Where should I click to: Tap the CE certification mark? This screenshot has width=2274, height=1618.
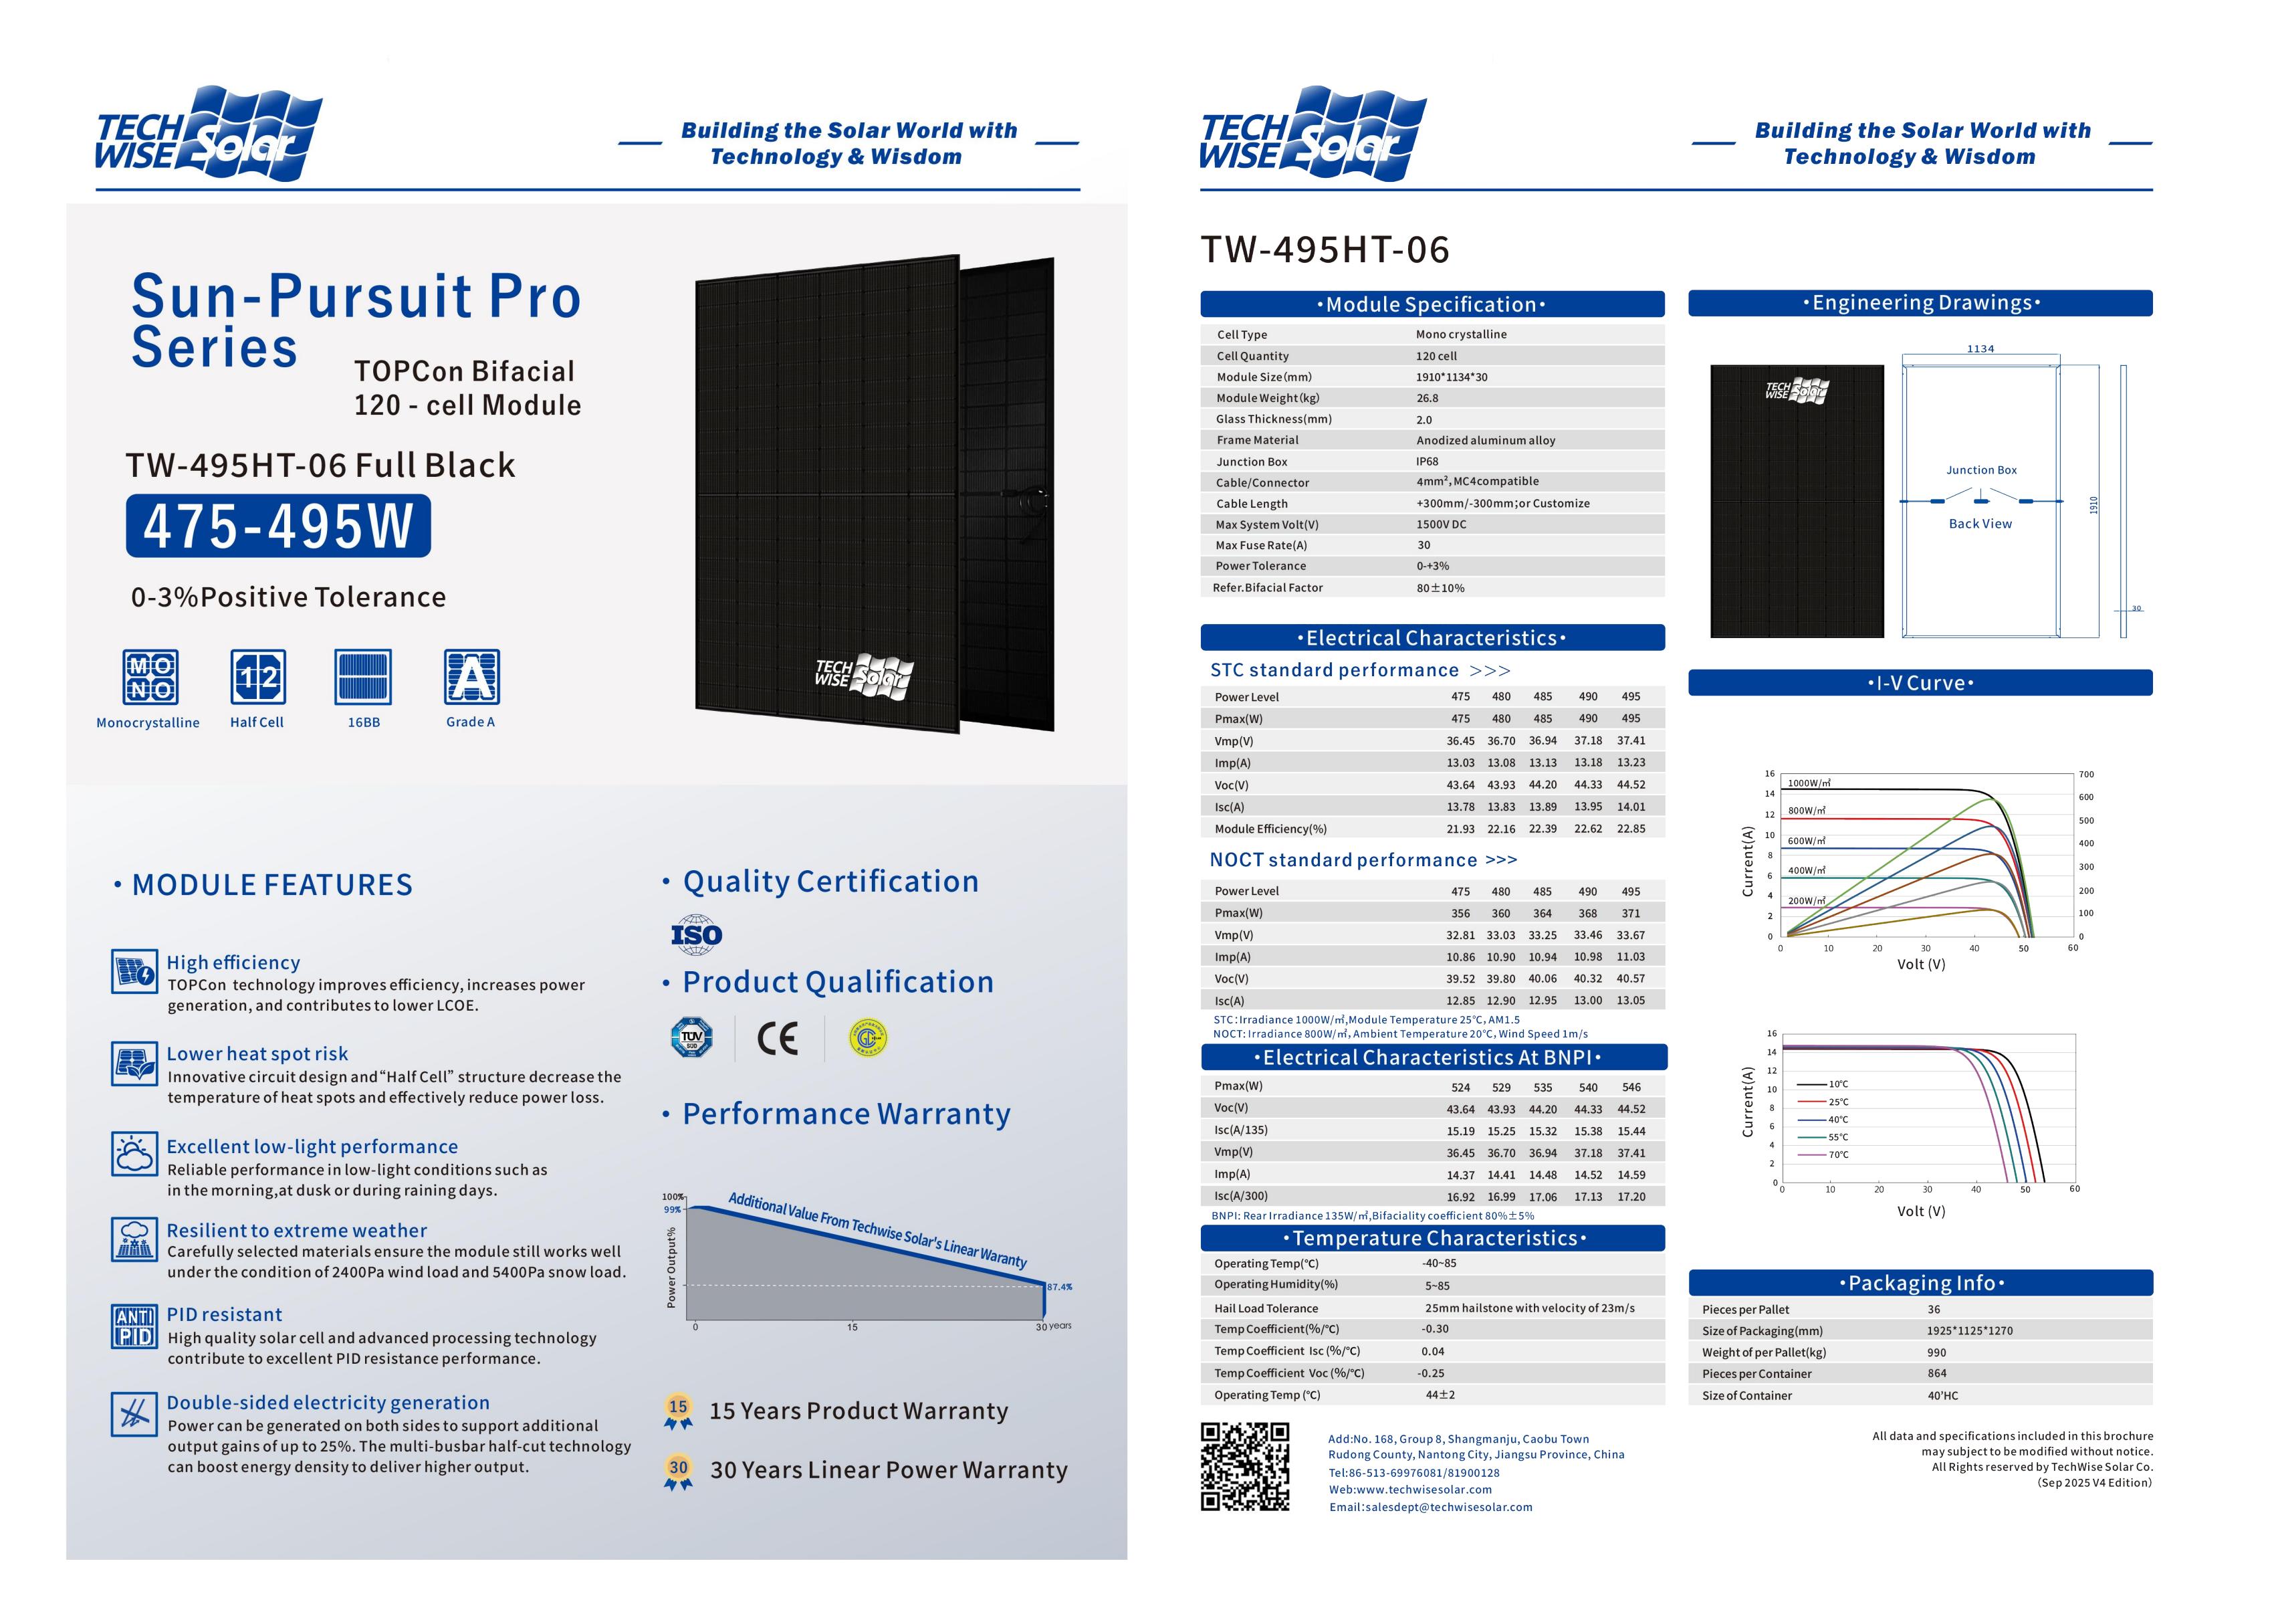pyautogui.click(x=777, y=1038)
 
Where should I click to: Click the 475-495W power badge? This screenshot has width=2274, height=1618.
pyautogui.click(x=278, y=526)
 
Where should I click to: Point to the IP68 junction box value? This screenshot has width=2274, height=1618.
pyautogui.click(x=1428, y=462)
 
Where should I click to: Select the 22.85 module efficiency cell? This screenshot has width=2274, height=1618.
pyautogui.click(x=1631, y=829)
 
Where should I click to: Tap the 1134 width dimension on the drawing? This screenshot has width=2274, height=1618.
pyautogui.click(x=1980, y=348)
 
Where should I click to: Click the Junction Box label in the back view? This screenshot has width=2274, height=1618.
pyautogui.click(x=1981, y=470)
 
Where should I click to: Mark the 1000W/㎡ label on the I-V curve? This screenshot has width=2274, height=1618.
pyautogui.click(x=1809, y=783)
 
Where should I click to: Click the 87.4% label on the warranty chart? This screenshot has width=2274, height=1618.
pyautogui.click(x=1059, y=1286)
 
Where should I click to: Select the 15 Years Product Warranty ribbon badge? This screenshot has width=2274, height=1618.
pyautogui.click(x=678, y=1411)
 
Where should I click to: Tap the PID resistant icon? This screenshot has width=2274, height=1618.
pyautogui.click(x=134, y=1326)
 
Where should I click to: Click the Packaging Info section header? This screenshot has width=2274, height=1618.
pyautogui.click(x=1920, y=1284)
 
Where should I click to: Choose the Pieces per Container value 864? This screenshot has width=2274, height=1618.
pyautogui.click(x=1936, y=1373)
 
